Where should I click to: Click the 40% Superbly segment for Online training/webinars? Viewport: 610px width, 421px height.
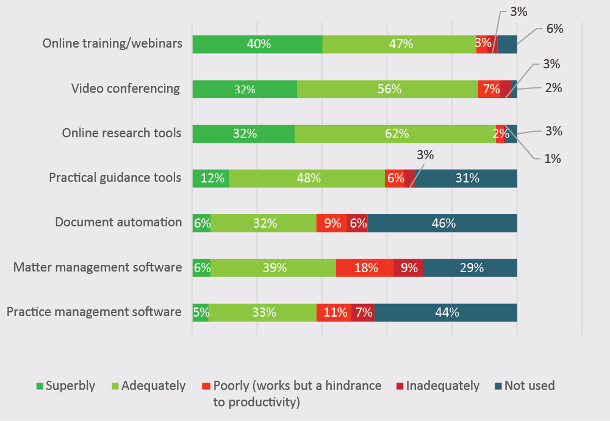pyautogui.click(x=257, y=45)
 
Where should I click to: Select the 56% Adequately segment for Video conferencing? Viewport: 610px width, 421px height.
pyautogui.click(x=387, y=89)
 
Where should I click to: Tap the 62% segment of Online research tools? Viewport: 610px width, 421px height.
pyautogui.click(x=395, y=134)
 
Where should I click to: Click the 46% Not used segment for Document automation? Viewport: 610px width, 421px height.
pyautogui.click(x=442, y=223)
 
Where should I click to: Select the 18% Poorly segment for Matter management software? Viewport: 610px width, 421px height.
pyautogui.click(x=365, y=267)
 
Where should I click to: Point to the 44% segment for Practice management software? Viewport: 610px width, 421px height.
pyautogui.click(x=446, y=312)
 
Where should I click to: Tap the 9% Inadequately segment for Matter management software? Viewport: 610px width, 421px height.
pyautogui.click(x=408, y=267)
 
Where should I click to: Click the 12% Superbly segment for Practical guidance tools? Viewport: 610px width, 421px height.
pyautogui.click(x=211, y=178)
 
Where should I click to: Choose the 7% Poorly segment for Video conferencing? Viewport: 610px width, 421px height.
pyautogui.click(x=489, y=89)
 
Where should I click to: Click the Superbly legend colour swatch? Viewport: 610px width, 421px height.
pyautogui.click(x=40, y=386)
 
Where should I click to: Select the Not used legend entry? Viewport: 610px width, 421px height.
pyautogui.click(x=524, y=386)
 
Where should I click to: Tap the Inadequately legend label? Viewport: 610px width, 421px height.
pyautogui.click(x=442, y=386)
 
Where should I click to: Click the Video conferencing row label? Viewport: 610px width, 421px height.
pyautogui.click(x=126, y=88)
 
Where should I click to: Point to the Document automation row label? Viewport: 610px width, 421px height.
pyautogui.click(x=118, y=222)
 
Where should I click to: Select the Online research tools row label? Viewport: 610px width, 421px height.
pyautogui.click(x=122, y=132)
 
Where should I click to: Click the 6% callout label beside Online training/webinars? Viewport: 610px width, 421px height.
pyautogui.click(x=554, y=29)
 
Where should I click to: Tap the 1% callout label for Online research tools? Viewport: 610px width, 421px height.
pyautogui.click(x=553, y=159)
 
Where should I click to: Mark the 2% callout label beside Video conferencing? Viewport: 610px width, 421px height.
pyautogui.click(x=553, y=88)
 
